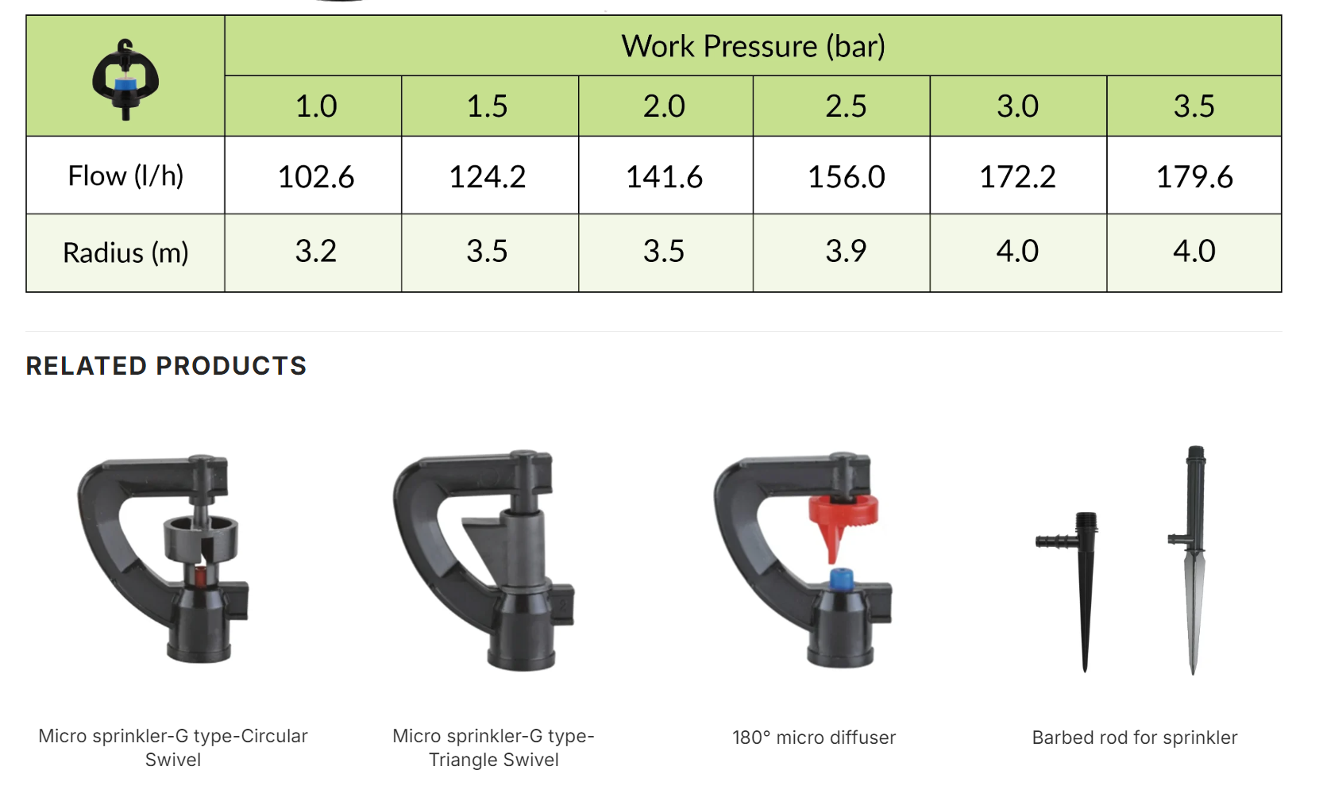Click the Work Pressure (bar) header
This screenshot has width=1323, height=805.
[x=753, y=46]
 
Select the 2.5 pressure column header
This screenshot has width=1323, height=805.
[x=846, y=106]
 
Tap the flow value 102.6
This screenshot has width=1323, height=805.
[x=316, y=176]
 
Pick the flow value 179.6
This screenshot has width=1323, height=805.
[x=1194, y=176]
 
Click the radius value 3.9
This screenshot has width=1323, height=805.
[x=846, y=251]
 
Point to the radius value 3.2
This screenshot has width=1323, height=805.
[x=316, y=251]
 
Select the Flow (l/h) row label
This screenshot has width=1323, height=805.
[x=125, y=176]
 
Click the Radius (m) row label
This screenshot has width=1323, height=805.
[x=125, y=252]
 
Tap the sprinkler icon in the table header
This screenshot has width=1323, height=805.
[x=125, y=79]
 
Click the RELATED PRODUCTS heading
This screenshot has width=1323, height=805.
[x=166, y=366]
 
